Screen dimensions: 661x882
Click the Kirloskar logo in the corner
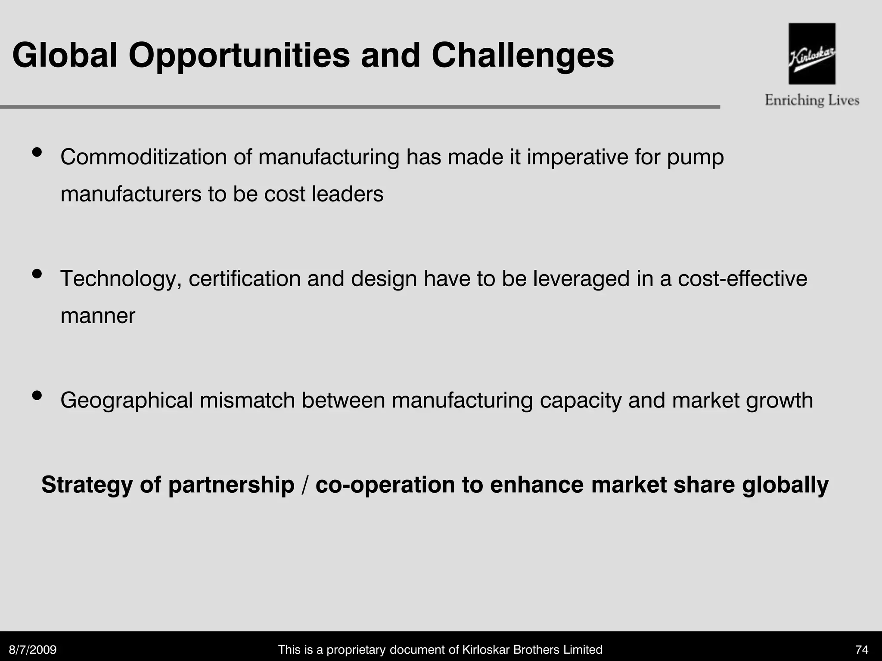point(812,53)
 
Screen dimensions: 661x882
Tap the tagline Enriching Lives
point(812,100)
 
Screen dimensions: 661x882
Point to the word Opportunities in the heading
point(239,56)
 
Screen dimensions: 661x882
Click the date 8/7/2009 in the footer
point(33,649)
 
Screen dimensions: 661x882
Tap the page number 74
point(862,649)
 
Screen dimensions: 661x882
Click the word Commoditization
point(143,157)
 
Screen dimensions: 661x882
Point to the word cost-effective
point(742,278)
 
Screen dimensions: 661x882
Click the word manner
point(98,316)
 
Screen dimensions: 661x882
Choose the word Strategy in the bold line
point(87,485)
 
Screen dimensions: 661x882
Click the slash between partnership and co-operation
point(305,485)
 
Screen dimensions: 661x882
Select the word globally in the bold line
point(785,485)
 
